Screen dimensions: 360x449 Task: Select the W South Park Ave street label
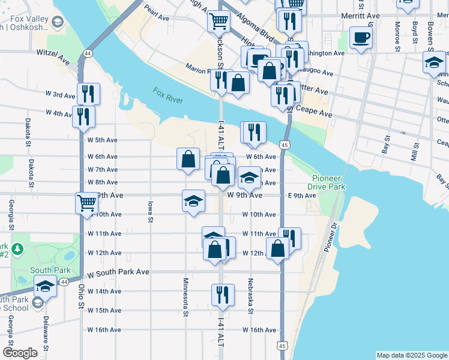click(x=118, y=272)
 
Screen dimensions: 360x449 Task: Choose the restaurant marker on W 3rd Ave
click(x=88, y=94)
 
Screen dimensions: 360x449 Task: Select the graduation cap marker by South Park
click(x=46, y=287)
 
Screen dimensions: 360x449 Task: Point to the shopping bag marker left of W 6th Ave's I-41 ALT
click(x=188, y=159)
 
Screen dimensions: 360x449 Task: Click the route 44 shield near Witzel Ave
click(x=88, y=53)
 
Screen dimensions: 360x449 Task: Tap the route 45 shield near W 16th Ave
click(x=282, y=346)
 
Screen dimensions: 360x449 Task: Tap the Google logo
click(x=20, y=353)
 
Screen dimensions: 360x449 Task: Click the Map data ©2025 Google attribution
click(x=411, y=355)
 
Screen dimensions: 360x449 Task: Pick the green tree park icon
click(x=17, y=248)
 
